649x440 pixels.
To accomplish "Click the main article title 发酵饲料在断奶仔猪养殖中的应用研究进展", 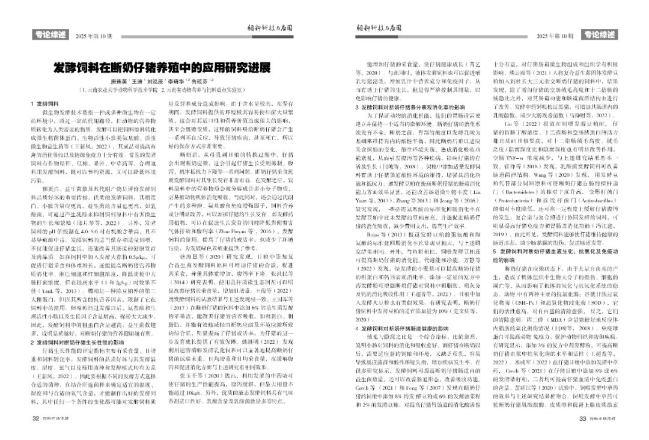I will [x=162, y=66].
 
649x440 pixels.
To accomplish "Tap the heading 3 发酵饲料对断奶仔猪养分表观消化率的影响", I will [x=412, y=106].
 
